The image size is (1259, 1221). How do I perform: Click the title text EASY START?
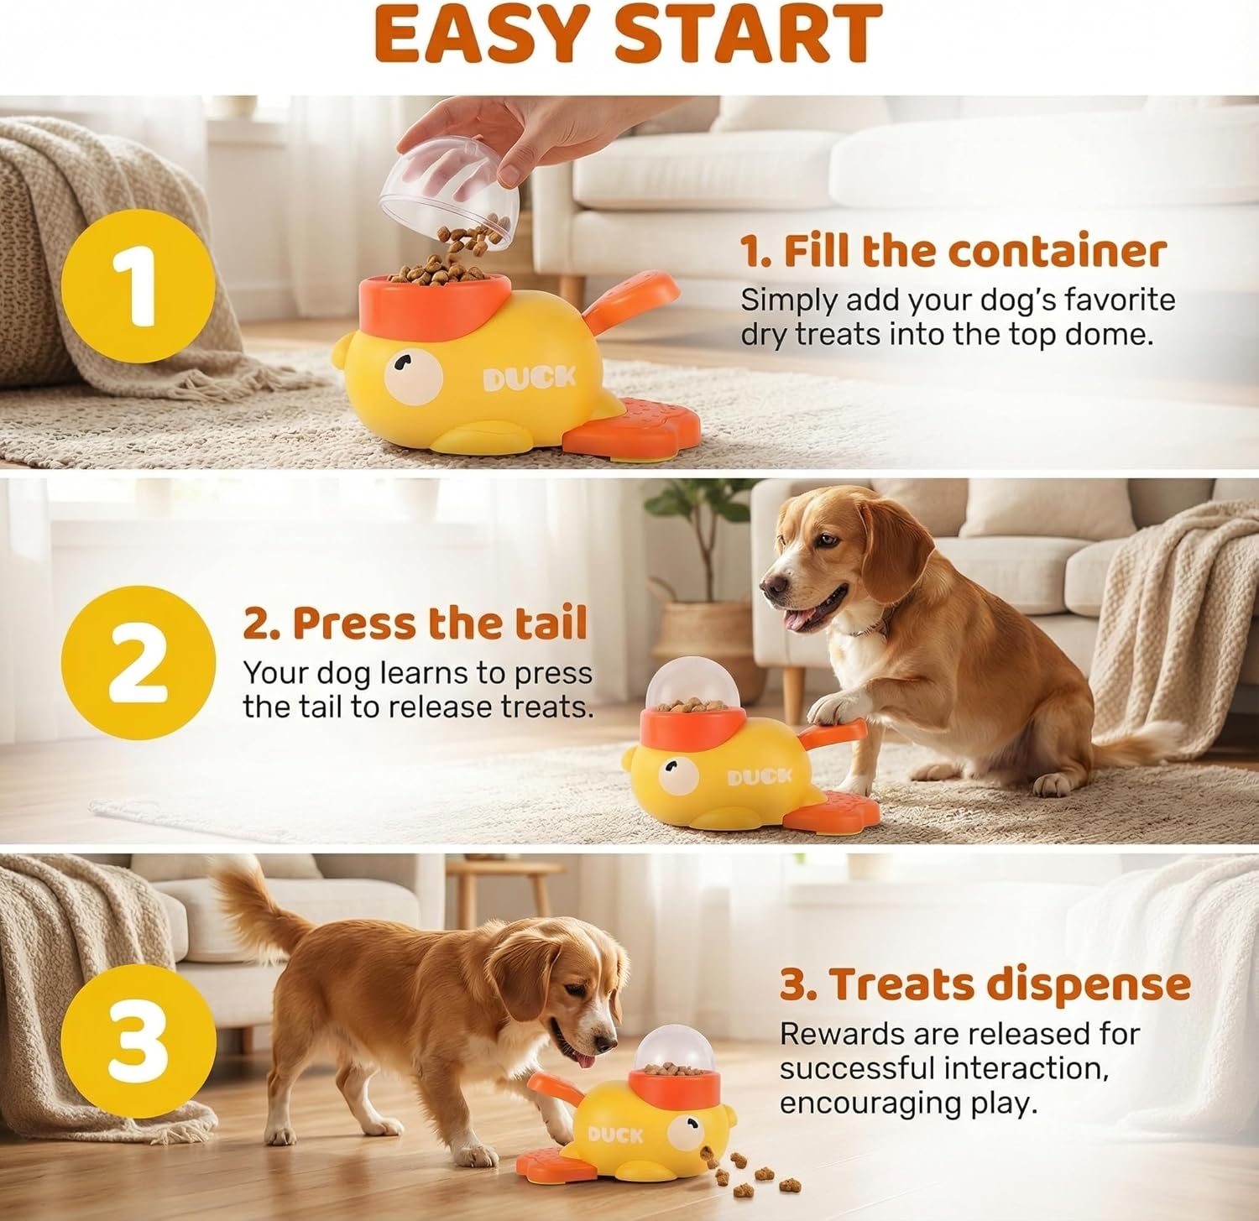[628, 34]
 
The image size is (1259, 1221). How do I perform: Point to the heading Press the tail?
[415, 624]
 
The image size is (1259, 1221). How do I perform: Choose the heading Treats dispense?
[985, 984]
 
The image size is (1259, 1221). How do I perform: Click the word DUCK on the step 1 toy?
[530, 378]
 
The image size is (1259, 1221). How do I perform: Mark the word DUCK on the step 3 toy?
[615, 1135]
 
